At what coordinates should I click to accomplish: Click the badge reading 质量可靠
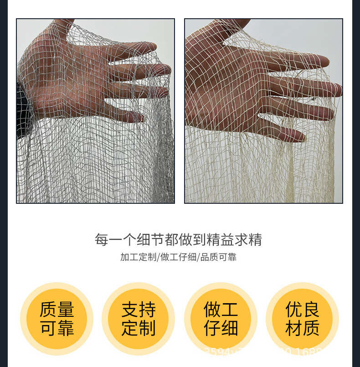57,319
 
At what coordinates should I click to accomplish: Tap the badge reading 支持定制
139,319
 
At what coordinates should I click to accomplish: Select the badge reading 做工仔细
221,319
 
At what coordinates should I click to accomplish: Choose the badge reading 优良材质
302,319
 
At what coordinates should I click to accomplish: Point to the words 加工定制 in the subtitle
138,257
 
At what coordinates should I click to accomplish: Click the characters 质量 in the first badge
57,310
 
